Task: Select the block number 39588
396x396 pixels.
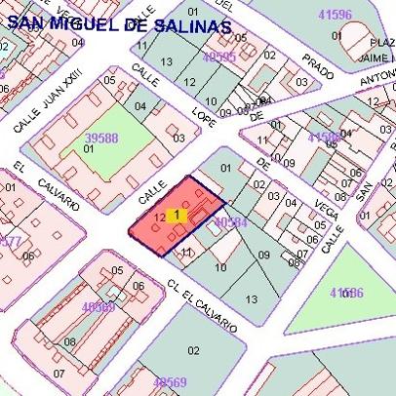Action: pyautogui.click(x=101, y=139)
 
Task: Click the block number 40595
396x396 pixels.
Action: pyautogui.click(x=218, y=58)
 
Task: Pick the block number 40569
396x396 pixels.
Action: pyautogui.click(x=169, y=382)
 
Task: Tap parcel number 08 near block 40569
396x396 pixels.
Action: pyautogui.click(x=70, y=342)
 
